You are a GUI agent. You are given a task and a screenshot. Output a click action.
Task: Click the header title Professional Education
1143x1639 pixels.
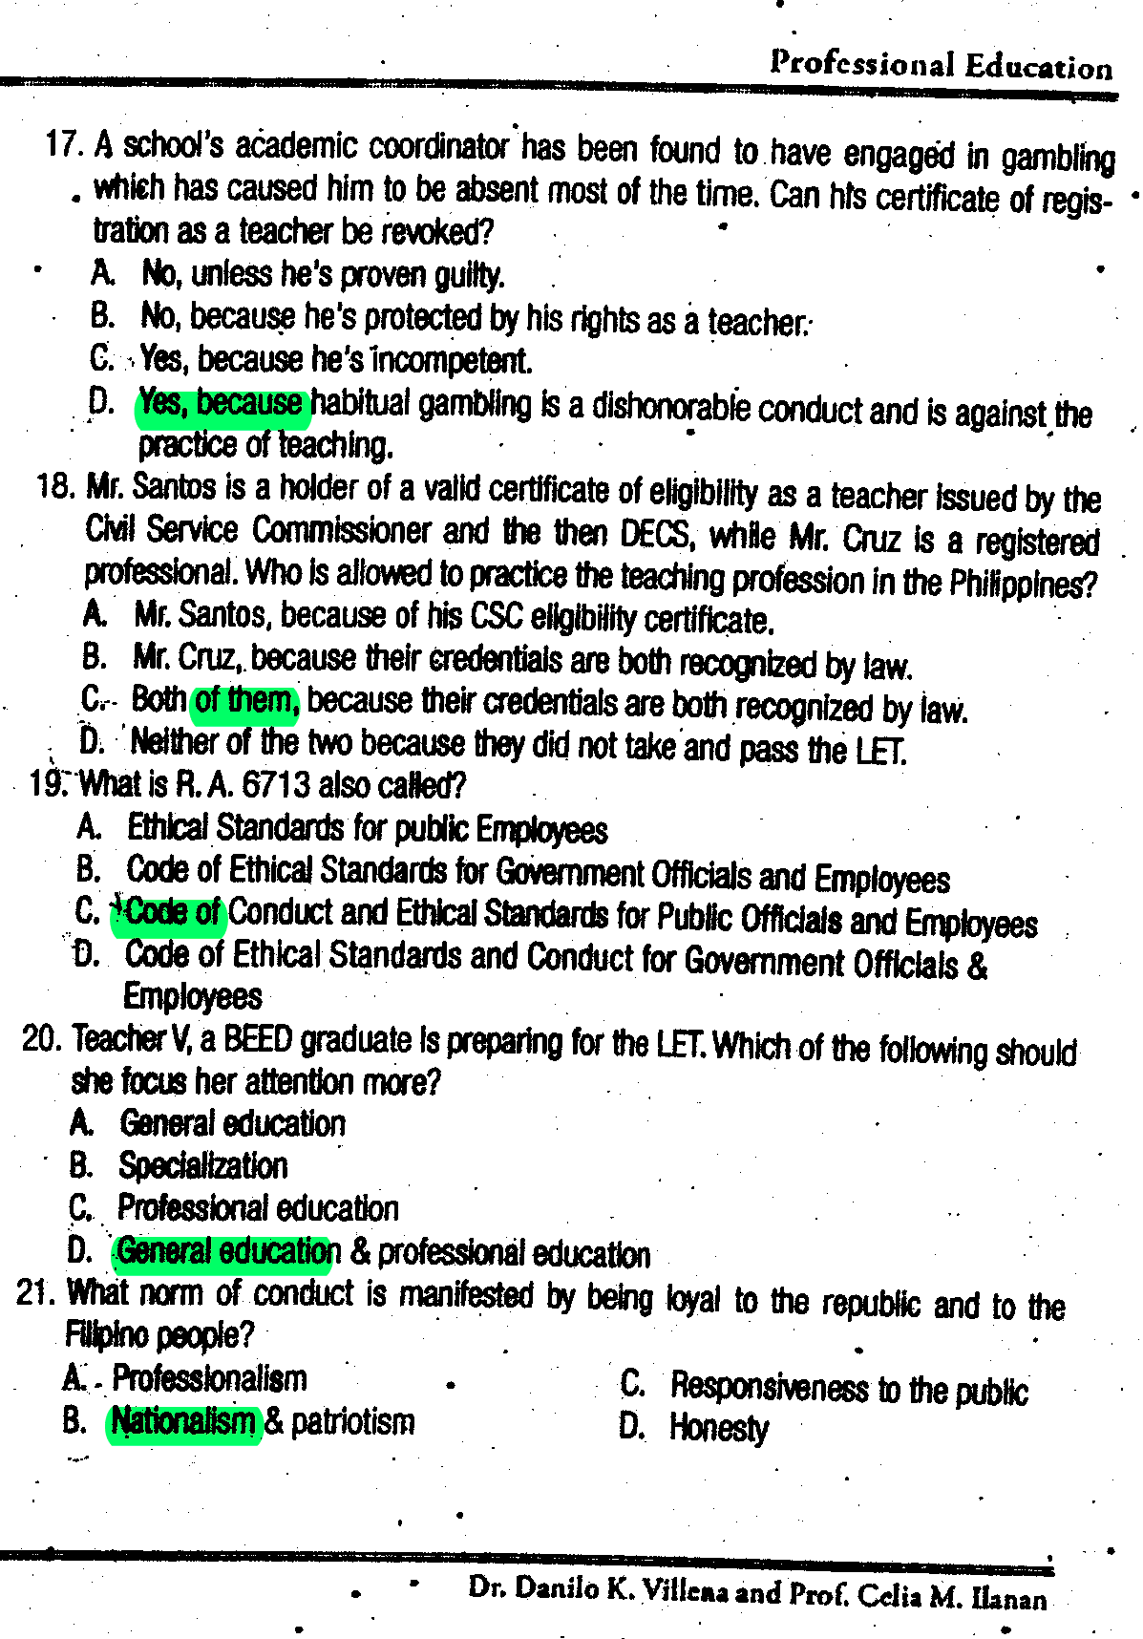coord(941,65)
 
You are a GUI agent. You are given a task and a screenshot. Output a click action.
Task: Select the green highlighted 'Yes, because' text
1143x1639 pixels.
coord(222,403)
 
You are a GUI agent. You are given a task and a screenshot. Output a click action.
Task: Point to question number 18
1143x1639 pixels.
coord(55,486)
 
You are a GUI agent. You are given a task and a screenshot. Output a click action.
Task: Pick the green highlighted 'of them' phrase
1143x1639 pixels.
coord(246,701)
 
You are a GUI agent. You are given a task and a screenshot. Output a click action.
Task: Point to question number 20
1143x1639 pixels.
coord(42,1038)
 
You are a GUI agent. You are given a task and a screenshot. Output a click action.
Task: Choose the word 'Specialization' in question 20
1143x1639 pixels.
coord(202,1166)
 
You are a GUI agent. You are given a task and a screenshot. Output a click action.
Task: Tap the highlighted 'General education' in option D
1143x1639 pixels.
coord(227,1251)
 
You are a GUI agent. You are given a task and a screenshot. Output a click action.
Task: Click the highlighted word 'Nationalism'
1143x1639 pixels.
coord(183,1422)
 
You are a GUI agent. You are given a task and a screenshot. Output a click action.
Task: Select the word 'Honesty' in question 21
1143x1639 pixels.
coord(718,1429)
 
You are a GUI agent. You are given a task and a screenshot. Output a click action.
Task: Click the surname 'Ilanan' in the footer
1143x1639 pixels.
coord(1008,1598)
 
